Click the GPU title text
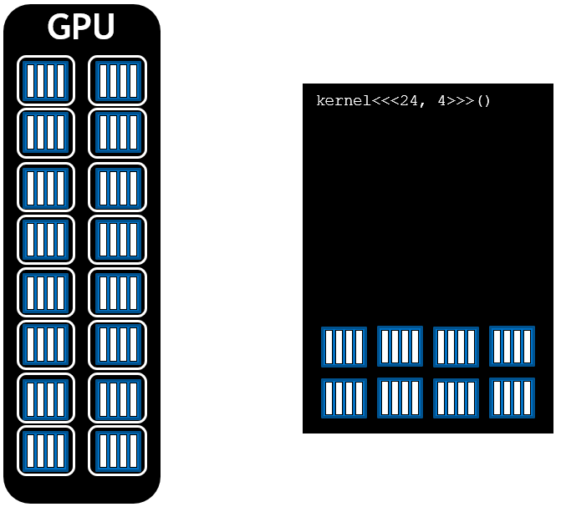coord(81,28)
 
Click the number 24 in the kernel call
coord(409,102)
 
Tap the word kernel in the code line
coord(343,102)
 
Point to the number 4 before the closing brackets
coord(441,102)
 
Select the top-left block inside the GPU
coord(46,81)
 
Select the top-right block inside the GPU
coord(117,81)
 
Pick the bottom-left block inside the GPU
coord(46,451)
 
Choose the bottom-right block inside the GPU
coord(117,451)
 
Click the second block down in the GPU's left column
coord(46,134)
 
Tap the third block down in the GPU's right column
coord(117,187)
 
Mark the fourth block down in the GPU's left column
coord(46,240)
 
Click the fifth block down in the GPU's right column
coord(117,292)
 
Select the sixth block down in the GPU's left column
coord(46,345)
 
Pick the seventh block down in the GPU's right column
coord(117,398)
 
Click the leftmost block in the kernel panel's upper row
coord(344,347)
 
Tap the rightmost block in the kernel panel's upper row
coord(512,346)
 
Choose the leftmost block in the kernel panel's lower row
coord(344,398)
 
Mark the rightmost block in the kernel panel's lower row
coord(512,398)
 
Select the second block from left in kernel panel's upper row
coord(400,346)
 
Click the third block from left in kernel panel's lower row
coord(456,398)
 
